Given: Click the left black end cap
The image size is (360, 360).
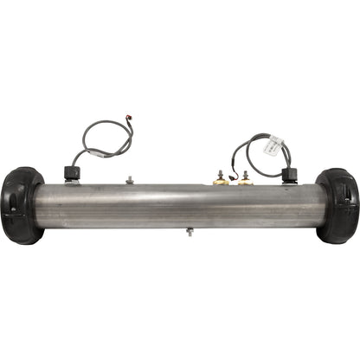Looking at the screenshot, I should coord(21,206).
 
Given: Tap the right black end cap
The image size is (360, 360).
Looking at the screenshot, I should coord(338,206).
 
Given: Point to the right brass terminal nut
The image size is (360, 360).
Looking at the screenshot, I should coord(247,181).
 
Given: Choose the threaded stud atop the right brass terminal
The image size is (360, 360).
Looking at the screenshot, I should coord(247,172).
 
